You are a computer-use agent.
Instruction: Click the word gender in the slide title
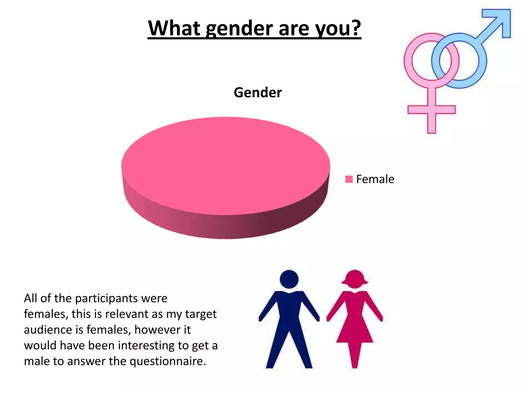coord(239,29)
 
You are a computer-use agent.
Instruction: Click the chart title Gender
coord(257,92)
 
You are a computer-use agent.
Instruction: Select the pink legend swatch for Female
coord(349,179)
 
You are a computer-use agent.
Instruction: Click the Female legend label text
coord(375,179)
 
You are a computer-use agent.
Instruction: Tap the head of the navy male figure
coord(289,279)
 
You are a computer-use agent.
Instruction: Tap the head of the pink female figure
coord(355,279)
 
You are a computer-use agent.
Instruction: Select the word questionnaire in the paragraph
coord(168,361)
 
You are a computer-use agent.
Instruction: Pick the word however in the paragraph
coord(157,330)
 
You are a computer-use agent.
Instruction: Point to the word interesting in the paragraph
coord(146,346)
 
